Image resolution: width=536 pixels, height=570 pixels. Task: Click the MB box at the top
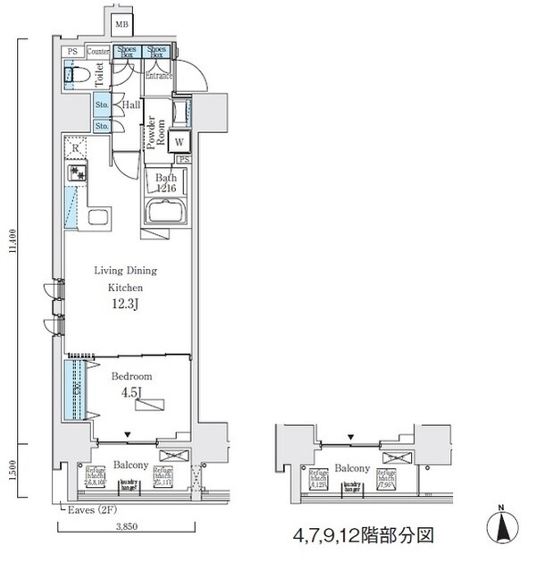[x=121, y=23]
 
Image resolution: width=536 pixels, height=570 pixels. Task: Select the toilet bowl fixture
[x=73, y=77]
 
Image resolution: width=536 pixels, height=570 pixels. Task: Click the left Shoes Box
[x=127, y=52]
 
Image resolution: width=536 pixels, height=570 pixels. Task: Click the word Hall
[x=130, y=105]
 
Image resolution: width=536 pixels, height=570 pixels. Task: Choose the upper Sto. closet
[x=102, y=105]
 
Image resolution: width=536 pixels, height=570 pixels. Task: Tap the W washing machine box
[x=180, y=141]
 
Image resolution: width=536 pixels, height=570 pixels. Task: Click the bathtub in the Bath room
[x=166, y=214]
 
